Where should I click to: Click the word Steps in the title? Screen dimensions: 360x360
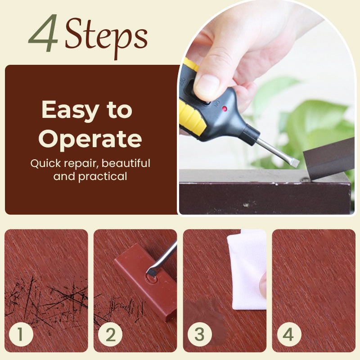pos(106,37)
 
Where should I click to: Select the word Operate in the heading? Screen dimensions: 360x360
pos(90,139)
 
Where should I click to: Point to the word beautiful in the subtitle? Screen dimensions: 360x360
pos(126,163)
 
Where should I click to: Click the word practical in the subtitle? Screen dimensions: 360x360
pos(103,176)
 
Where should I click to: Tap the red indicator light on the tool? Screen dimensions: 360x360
pos(224,108)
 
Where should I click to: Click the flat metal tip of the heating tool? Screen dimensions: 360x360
pos(295,162)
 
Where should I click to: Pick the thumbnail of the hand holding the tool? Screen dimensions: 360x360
pos(266,108)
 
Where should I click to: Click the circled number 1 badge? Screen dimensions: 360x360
pos(21,334)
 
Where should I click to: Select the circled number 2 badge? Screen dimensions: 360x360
pos(110,334)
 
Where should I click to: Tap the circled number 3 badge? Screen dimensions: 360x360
pos(199,334)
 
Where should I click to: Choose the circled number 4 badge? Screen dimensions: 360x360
pos(289,334)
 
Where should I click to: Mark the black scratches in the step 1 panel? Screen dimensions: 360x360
pos(46,298)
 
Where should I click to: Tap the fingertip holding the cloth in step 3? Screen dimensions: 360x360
pos(263,286)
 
